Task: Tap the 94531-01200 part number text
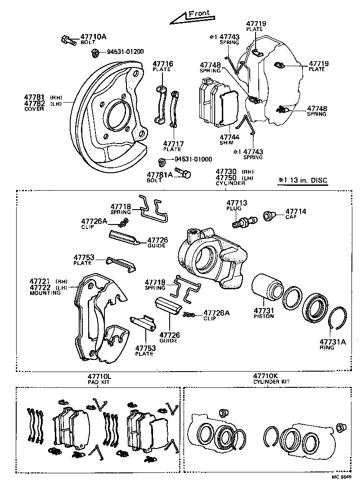pos(125,52)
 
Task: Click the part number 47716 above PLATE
pos(162,64)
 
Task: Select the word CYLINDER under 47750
pos(230,183)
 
